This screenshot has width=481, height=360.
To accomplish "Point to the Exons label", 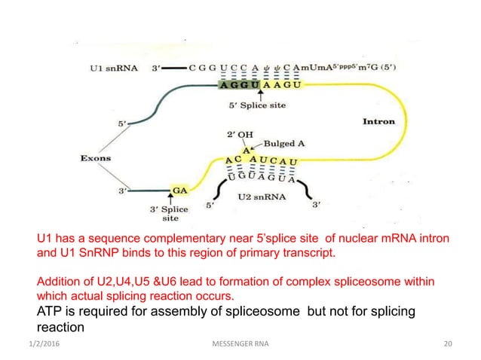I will click(97, 158).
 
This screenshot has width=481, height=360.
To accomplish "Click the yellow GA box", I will click(180, 191).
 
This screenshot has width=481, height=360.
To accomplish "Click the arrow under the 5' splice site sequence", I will click(261, 95).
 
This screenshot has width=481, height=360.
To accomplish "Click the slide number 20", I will click(449, 345).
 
